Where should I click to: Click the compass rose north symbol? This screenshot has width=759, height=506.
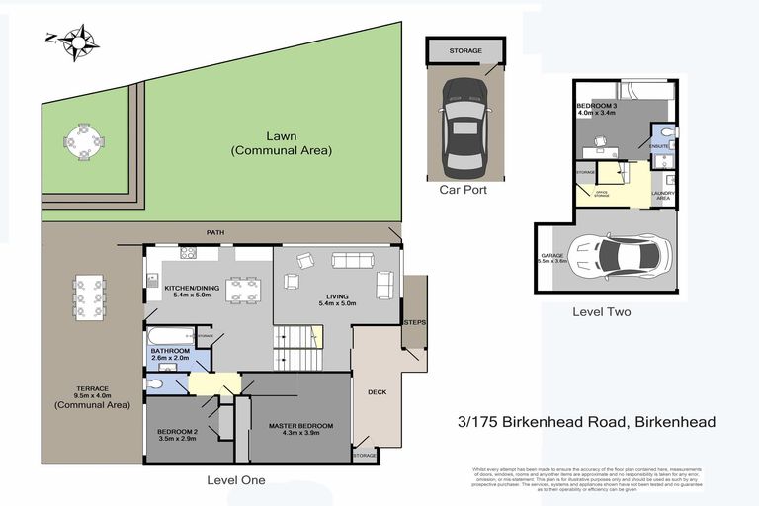tap(77, 41)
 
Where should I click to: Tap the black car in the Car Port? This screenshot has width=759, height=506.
tap(464, 123)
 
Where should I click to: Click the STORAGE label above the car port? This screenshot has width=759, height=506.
tap(464, 50)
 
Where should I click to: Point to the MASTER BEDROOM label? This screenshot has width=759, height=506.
tap(300, 426)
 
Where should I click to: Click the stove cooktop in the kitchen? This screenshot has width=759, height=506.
tap(187, 254)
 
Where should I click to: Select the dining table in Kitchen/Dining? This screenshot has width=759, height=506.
tap(243, 290)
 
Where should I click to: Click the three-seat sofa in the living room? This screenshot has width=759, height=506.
tap(353, 262)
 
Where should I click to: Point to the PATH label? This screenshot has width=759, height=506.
tap(215, 233)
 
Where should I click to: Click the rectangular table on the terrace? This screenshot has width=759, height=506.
tap(90, 295)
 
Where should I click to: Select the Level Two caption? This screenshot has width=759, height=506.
tap(602, 312)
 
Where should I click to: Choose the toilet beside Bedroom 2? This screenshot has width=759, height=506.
tap(157, 383)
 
